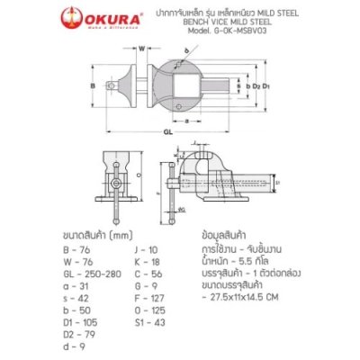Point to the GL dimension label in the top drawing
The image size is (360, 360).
pos(168,130)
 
